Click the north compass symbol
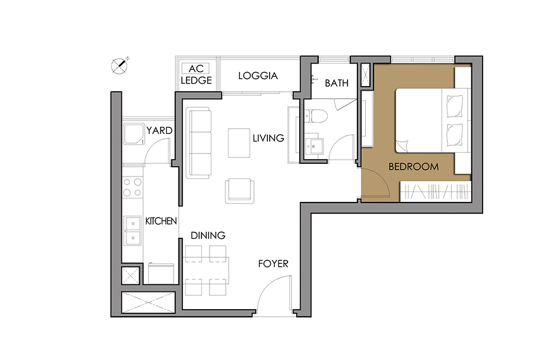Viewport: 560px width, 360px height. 120,66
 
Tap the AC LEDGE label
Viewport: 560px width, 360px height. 196,74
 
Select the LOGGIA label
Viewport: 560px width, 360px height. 258,76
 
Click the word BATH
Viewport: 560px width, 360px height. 337,83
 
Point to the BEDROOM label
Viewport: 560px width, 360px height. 413,167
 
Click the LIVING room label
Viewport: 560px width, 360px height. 268,138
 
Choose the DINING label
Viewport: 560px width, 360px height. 208,235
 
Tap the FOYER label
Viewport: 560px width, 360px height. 273,264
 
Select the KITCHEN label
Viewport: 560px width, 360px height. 160,221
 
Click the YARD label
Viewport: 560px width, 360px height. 159,130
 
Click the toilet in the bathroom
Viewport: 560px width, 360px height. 316,116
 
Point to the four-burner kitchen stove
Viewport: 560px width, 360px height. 132,187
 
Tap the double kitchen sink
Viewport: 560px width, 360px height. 132,231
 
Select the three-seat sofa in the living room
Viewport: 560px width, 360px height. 199,143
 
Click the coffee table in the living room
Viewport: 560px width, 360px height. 239,143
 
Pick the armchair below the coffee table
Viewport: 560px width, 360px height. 240,191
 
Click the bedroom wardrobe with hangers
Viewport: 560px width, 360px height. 436,192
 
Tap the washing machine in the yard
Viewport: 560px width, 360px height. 134,134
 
